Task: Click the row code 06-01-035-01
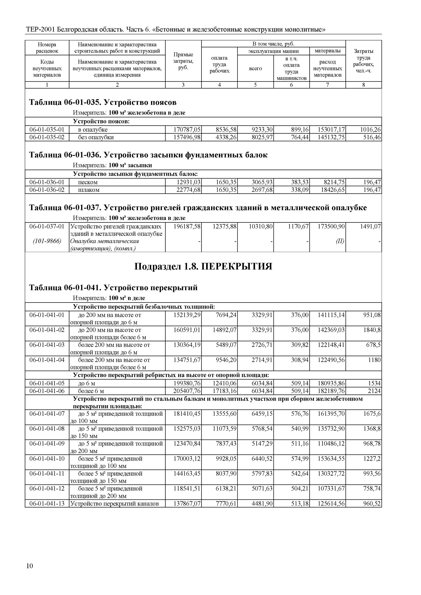point(47,130)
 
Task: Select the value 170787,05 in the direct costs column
point(187,130)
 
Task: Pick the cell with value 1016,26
point(370,130)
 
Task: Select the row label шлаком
point(89,190)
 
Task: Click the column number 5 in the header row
point(255,85)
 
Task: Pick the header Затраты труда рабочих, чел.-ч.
point(363,61)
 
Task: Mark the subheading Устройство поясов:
point(101,121)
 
